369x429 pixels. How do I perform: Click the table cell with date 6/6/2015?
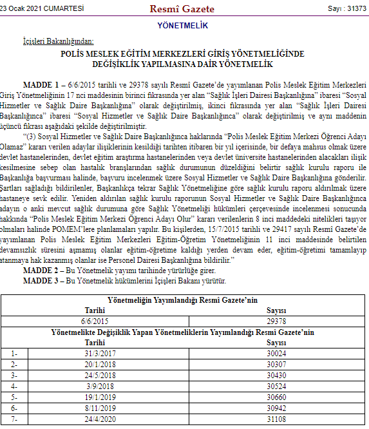click(95, 319)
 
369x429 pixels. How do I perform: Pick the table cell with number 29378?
click(275, 319)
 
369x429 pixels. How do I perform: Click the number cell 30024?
click(275, 353)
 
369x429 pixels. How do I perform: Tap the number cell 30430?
click(275, 375)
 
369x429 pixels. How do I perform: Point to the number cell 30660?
click(275, 396)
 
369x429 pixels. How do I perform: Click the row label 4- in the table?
click(16, 385)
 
